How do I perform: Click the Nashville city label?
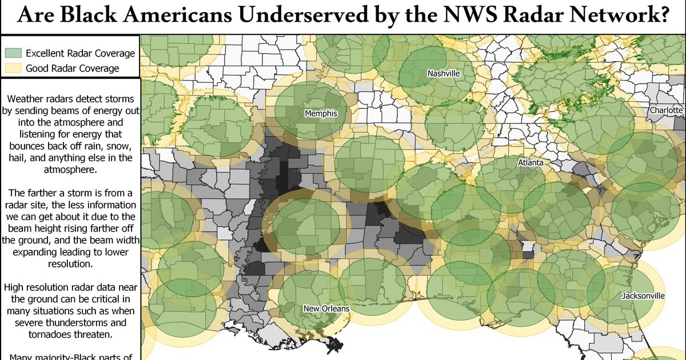444,74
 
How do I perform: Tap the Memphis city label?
321,114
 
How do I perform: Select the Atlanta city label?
530,163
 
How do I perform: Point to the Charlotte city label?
666,110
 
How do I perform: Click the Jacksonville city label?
644,296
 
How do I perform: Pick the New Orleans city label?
326,309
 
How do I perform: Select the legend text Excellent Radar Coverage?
81,54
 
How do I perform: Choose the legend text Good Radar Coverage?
73,69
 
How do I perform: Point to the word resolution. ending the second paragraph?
71,264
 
